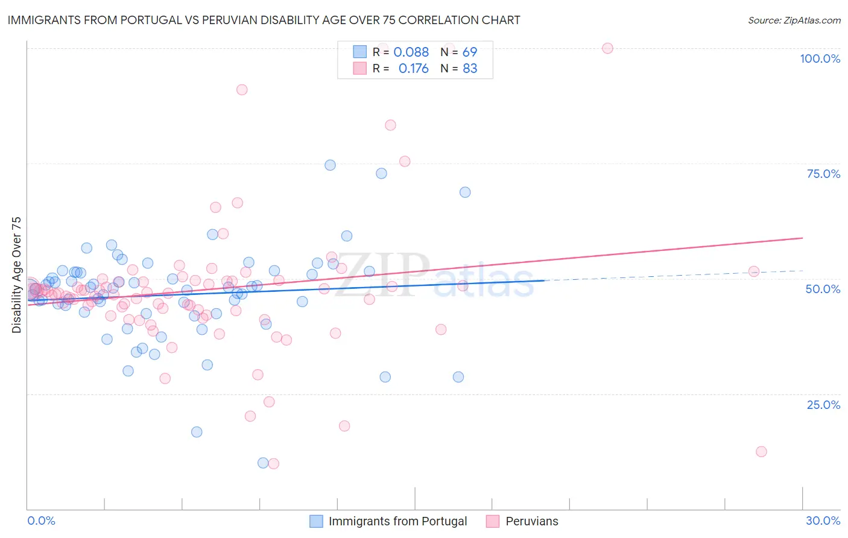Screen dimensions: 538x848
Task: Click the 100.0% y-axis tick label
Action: (x=820, y=59)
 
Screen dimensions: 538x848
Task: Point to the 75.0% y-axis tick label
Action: (x=823, y=174)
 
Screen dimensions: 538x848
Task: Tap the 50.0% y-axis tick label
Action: (x=823, y=289)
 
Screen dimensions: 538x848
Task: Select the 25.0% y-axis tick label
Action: (x=823, y=404)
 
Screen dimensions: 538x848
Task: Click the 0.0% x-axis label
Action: (x=41, y=521)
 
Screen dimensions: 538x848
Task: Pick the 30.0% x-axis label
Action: (x=823, y=521)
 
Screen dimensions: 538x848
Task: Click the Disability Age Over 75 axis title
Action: (x=16, y=274)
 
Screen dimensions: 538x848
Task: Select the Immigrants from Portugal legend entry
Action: (x=397, y=521)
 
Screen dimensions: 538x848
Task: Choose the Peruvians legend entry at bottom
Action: (x=531, y=521)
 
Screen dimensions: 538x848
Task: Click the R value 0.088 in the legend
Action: (x=411, y=52)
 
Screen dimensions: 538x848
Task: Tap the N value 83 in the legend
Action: (x=470, y=69)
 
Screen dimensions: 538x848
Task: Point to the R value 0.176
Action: (x=413, y=69)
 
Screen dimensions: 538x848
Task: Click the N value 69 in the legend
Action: (x=470, y=52)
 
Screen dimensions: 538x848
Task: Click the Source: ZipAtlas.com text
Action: (x=794, y=20)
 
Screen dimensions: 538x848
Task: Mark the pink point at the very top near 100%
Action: (x=607, y=48)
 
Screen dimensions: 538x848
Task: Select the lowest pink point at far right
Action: (x=761, y=452)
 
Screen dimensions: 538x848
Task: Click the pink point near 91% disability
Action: (x=242, y=90)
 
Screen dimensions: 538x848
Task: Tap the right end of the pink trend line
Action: (x=802, y=238)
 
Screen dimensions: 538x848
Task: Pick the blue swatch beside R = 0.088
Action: (x=359, y=52)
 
